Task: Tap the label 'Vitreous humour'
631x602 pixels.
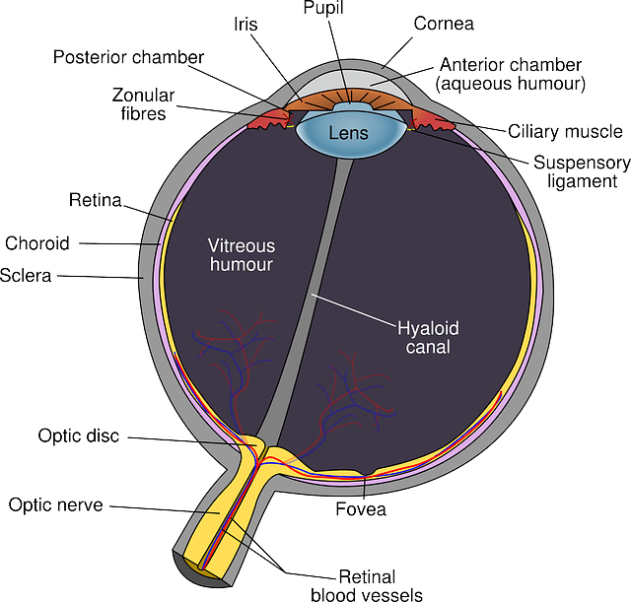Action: pos(242,254)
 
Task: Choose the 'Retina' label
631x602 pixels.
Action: pos(95,201)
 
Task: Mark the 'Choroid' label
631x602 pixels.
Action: pos(37,242)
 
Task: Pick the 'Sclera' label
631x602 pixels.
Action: pos(28,275)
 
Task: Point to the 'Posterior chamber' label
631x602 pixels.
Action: pos(129,56)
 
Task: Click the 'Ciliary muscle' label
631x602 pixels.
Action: pos(565,130)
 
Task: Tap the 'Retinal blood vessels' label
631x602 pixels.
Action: pos(368,584)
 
